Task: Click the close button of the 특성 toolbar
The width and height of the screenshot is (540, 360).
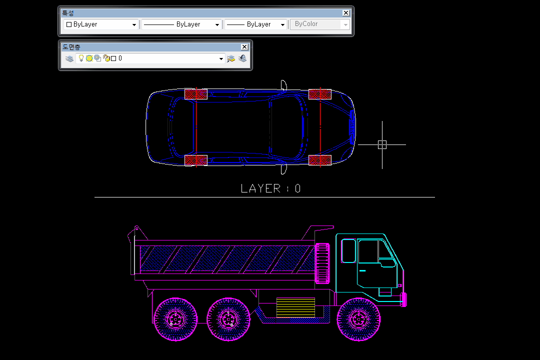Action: [346, 13]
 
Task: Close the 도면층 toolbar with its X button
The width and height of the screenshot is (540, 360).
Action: [244, 47]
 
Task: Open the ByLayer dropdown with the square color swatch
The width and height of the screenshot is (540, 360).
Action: [101, 24]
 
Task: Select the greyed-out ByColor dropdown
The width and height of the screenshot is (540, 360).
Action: [319, 24]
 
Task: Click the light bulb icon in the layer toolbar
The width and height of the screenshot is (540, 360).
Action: [81, 58]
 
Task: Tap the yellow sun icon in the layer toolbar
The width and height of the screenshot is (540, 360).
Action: [89, 58]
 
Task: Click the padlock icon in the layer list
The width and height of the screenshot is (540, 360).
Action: [107, 58]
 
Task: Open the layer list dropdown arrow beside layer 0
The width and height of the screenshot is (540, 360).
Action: [221, 58]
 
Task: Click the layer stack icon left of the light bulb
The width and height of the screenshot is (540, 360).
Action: [69, 58]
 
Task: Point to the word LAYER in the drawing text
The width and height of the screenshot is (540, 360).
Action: [260, 188]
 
